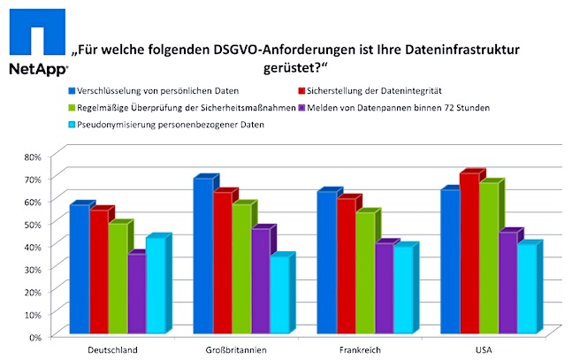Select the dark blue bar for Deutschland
point(79,270)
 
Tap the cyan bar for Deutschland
point(156,287)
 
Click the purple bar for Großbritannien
point(260,282)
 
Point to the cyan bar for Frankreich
point(403,291)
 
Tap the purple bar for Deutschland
point(136,295)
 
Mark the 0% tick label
point(33,337)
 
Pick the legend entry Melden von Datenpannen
point(394,107)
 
